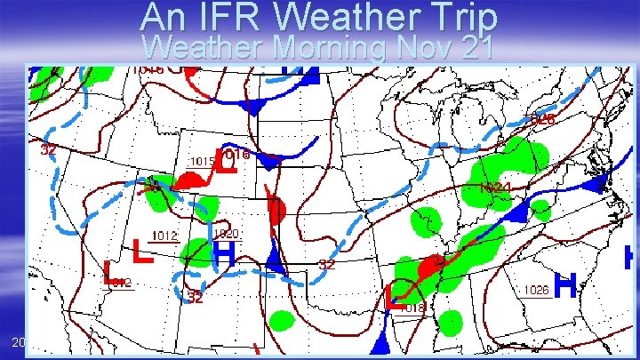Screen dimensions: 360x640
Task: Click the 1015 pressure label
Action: [204, 161]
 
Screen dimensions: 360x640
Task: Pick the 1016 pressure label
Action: [235, 154]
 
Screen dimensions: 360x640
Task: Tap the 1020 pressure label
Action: [226, 233]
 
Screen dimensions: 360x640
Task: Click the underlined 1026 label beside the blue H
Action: [535, 290]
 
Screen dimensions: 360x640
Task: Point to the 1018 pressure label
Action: [417, 308]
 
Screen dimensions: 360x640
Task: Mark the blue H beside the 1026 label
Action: [564, 285]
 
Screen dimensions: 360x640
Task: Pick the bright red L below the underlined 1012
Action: [140, 252]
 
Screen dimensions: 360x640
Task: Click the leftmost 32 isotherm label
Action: [50, 149]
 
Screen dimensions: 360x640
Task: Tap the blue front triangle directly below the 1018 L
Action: [384, 342]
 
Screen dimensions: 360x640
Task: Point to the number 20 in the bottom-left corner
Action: [19, 342]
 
